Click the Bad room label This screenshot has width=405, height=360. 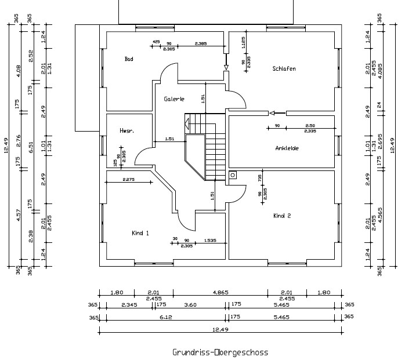tap(129, 59)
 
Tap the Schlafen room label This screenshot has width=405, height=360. tap(284, 69)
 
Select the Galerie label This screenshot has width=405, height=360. tap(174, 99)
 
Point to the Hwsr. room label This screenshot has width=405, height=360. tap(126, 132)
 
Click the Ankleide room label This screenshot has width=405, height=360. tap(287, 148)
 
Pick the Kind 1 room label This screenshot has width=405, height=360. tap(140, 233)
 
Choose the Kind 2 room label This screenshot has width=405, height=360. tap(282, 216)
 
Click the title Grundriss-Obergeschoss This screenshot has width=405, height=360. tap(220, 352)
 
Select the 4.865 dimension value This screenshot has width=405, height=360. tap(220, 293)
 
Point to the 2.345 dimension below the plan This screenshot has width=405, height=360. tap(129, 304)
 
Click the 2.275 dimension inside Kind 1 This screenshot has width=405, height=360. tap(128, 180)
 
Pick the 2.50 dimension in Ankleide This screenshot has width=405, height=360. tap(310, 126)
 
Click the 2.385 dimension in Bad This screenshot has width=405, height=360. tap(200, 44)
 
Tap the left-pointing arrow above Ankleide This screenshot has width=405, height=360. tap(278, 112)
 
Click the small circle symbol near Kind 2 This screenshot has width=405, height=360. tap(233, 174)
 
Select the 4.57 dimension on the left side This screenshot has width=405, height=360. tap(18, 216)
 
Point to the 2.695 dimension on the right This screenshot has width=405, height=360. tap(381, 142)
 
